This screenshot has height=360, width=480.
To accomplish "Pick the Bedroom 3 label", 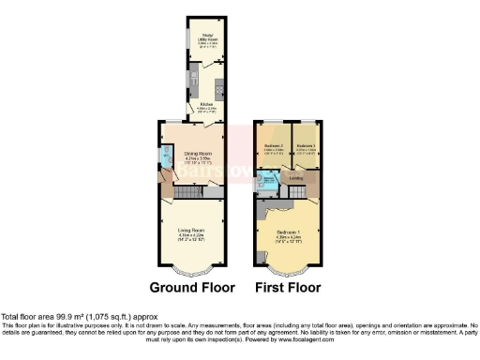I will pos(306,147).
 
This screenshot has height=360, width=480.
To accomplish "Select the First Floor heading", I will pos(287,287).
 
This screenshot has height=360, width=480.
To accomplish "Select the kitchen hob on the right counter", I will pos(219,90).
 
